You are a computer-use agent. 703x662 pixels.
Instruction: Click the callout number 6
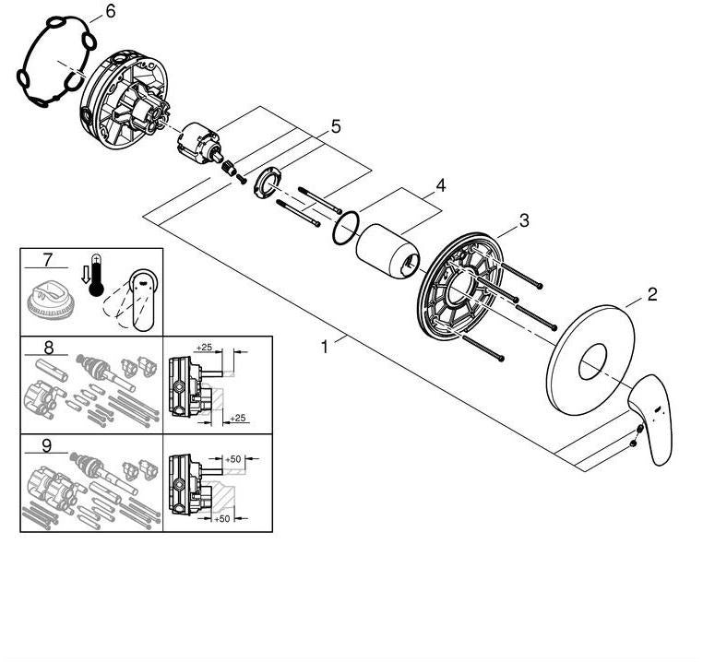111,12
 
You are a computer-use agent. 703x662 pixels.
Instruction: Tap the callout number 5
336,127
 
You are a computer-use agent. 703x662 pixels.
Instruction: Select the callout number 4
441,185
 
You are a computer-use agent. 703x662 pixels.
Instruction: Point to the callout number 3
524,220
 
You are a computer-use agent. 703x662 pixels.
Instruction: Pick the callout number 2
652,294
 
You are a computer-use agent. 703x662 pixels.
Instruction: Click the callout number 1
325,347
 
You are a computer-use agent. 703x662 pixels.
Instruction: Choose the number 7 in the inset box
47,259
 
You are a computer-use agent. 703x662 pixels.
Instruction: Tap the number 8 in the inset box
48,348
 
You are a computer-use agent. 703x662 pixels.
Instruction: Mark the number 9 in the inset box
47,445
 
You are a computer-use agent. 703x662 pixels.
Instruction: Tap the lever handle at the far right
650,420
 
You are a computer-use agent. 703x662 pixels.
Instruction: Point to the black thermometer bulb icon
96,290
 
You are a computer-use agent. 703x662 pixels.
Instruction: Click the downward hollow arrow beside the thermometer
85,275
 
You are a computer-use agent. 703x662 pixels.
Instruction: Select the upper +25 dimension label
204,347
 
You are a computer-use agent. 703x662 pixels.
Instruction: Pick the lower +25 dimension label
238,418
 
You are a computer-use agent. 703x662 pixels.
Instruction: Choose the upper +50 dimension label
233,459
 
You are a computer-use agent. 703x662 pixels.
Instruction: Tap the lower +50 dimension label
222,518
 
